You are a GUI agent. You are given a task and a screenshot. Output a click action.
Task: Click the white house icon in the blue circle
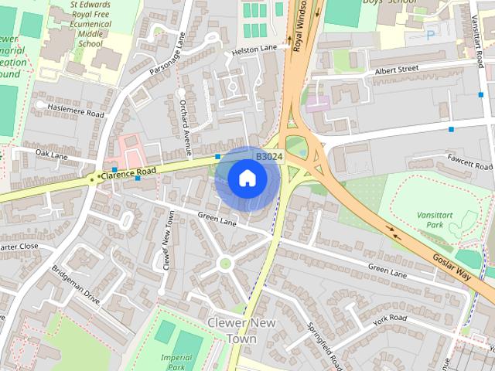[x=247, y=178]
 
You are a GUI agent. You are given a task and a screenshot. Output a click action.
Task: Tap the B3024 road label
[x=269, y=157]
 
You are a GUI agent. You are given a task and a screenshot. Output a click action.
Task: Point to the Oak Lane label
[x=52, y=155]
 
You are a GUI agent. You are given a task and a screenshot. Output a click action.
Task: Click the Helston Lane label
[x=254, y=49]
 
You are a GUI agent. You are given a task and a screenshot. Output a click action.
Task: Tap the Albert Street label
[x=396, y=70]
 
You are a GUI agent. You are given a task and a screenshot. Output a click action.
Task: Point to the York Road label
[x=388, y=318]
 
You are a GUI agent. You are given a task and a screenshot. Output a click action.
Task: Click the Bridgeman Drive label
[x=76, y=287]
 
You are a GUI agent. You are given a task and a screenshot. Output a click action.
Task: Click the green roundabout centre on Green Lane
[x=225, y=263]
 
